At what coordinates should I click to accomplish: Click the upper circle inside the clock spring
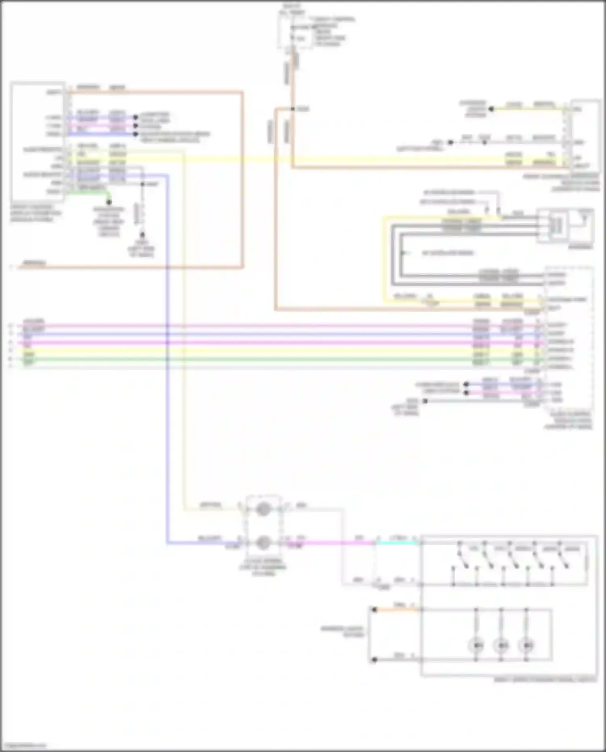click(263, 509)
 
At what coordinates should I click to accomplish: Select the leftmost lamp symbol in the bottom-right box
click(477, 645)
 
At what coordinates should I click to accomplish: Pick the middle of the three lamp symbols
click(501, 645)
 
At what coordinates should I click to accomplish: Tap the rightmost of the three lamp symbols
click(526, 645)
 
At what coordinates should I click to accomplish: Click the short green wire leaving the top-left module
click(87, 193)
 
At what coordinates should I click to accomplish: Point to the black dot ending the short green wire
click(109, 202)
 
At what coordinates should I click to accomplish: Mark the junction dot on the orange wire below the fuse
click(292, 109)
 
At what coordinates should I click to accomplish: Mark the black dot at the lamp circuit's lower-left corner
click(374, 660)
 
